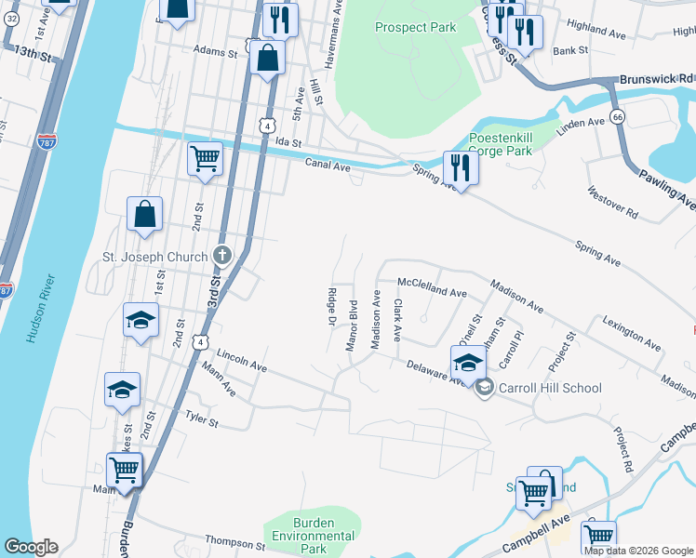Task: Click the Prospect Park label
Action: point(415,27)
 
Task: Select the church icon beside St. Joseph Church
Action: point(221,255)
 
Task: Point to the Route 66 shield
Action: point(617,115)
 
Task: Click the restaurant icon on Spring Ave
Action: point(461,167)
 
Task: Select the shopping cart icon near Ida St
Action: point(205,157)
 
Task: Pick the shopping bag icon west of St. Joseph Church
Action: point(146,214)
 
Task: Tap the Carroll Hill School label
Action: point(550,388)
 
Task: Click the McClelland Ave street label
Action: point(432,293)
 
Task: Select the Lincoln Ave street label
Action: point(242,363)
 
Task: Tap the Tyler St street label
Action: point(201,420)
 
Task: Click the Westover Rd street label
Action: point(613,204)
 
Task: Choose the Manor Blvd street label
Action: point(353,325)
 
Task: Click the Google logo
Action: point(31,547)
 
